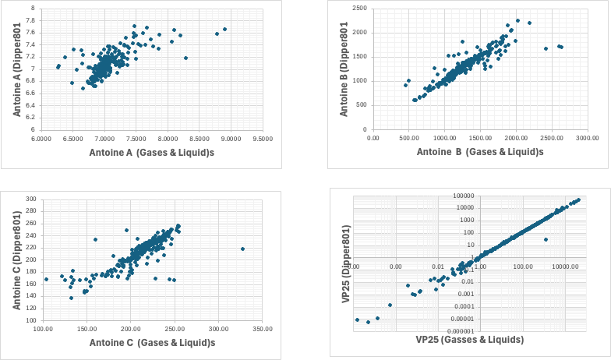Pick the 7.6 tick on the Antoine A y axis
point(30,32)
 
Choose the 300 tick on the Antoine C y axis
point(31,199)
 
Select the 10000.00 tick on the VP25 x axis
point(567,266)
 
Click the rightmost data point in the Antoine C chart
point(243,249)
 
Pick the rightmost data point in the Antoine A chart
point(224,30)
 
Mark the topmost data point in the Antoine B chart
point(517,21)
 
